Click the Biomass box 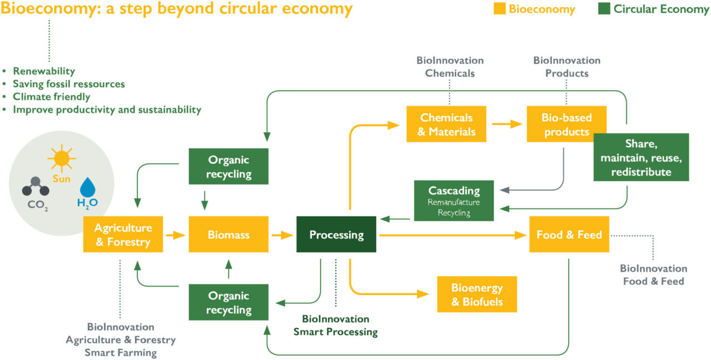coord(228,235)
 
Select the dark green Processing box coord(336,235)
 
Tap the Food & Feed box coord(569,235)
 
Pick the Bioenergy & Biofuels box coord(477,294)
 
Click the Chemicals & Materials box coord(446,124)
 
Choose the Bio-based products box coord(566,124)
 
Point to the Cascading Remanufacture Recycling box coord(454,201)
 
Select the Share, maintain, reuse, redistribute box coord(641,157)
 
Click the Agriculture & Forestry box coord(123,235)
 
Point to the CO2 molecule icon coord(35,186)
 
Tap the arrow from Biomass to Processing coord(282,235)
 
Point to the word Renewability coord(44,71)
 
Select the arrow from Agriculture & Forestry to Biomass coord(176,235)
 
